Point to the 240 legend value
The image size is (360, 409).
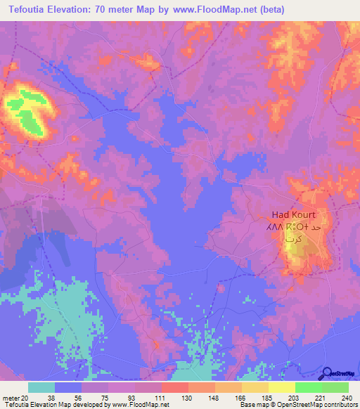(x=346, y=398)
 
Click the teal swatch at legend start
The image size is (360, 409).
(x=41, y=387)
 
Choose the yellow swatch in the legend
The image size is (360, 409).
(x=281, y=387)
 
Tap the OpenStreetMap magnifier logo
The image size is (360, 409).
(x=328, y=375)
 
